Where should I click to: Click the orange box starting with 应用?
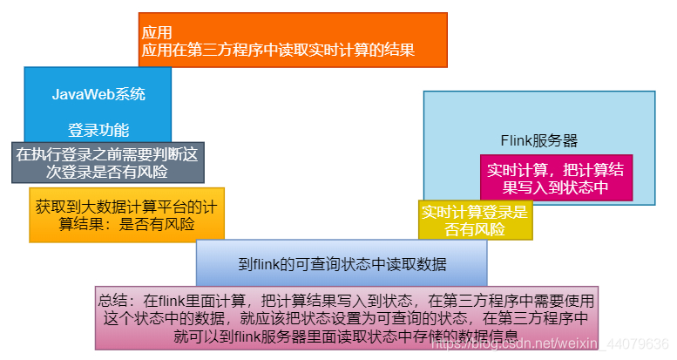(293, 40)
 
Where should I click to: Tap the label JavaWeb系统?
(98, 94)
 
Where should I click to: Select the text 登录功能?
(98, 131)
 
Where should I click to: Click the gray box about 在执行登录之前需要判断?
(108, 162)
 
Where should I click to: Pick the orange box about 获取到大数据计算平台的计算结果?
(126, 215)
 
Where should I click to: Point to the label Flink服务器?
(539, 140)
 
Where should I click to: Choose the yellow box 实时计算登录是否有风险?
(475, 221)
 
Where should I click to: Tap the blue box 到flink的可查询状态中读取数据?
(342, 264)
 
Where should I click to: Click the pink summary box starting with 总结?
(347, 317)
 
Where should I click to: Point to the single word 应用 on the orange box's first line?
(158, 32)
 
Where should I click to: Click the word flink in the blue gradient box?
(269, 264)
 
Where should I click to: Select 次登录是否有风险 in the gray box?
(108, 172)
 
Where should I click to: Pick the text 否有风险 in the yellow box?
(475, 230)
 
